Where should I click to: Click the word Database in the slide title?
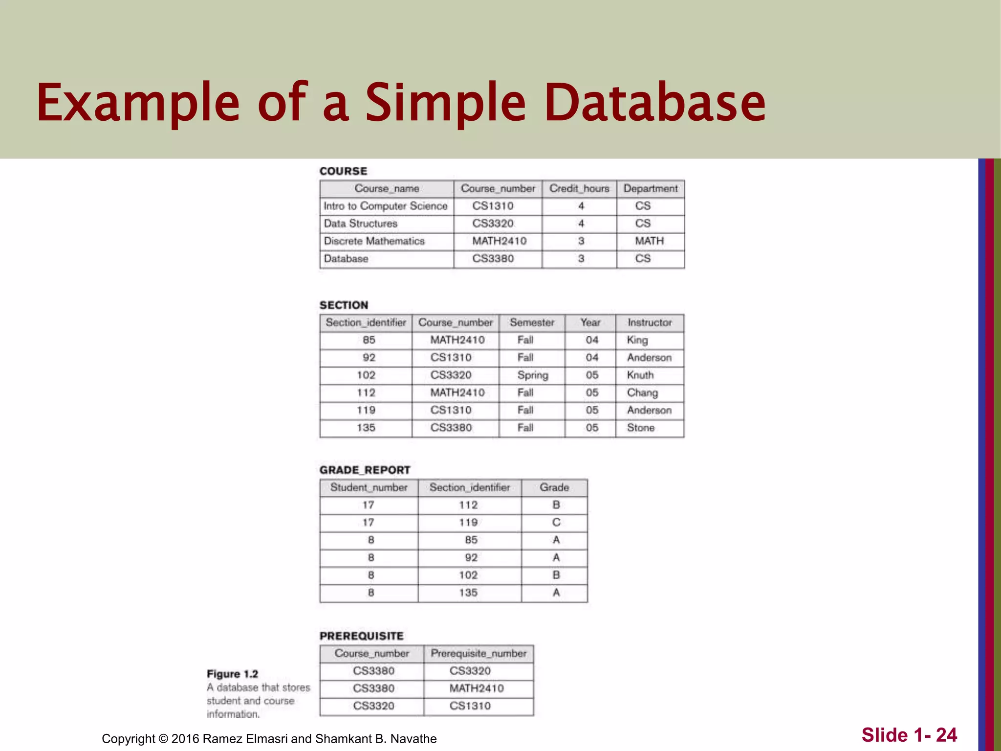(654, 103)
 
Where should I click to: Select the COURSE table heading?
(343, 171)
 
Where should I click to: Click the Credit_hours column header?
(579, 189)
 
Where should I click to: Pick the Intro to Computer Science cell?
(385, 206)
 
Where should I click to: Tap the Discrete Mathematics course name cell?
(374, 241)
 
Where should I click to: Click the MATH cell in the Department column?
(649, 241)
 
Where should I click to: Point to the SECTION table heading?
(344, 305)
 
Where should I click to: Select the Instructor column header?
(650, 323)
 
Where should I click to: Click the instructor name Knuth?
(640, 375)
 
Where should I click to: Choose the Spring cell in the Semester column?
(533, 375)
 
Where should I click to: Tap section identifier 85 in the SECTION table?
(369, 340)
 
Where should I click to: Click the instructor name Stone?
(640, 428)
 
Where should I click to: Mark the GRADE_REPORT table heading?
(365, 470)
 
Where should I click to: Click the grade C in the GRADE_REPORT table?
(556, 523)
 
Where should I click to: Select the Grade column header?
(554, 487)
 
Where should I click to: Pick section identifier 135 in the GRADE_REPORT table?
(468, 593)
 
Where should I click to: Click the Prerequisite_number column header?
(479, 654)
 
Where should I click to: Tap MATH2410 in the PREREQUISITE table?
(477, 688)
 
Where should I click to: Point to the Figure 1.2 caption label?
(232, 674)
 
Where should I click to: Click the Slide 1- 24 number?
(909, 735)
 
